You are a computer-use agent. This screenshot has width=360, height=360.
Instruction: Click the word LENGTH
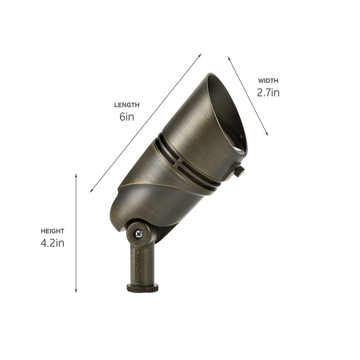click(127, 105)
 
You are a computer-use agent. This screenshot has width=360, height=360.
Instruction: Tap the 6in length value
click(127, 117)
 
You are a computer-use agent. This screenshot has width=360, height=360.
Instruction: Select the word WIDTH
click(268, 81)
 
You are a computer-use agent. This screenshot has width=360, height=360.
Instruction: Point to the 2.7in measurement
click(268, 93)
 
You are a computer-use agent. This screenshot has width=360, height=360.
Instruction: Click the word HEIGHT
click(53, 231)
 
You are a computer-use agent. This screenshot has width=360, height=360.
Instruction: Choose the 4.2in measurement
click(53, 243)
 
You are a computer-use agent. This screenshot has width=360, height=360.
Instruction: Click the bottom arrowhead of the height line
click(76, 291)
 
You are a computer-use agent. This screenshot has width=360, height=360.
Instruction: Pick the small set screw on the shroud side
click(239, 171)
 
